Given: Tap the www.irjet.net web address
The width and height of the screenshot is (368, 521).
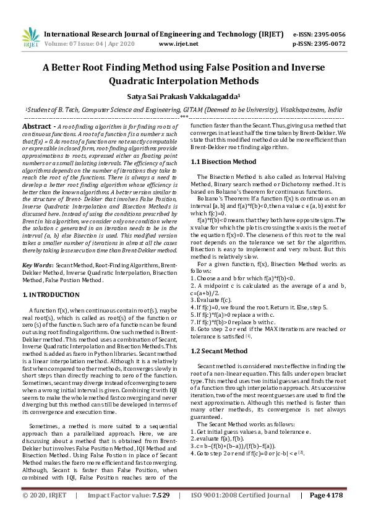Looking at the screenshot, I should point(179,44).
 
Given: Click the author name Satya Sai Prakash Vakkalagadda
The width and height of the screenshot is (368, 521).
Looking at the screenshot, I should point(184,97).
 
